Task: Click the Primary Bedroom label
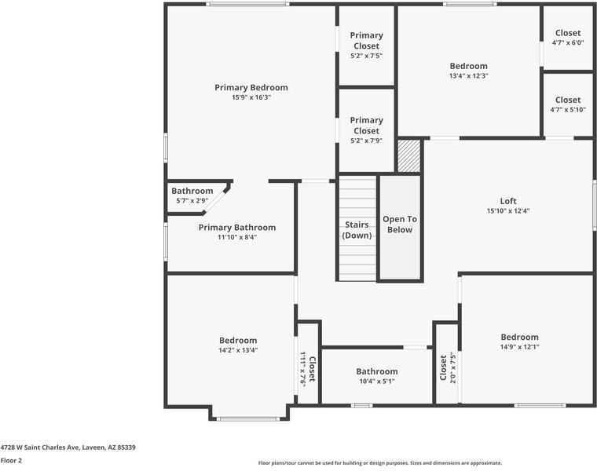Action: (251, 87)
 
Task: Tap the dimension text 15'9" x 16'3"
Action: (251, 98)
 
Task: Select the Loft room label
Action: (508, 200)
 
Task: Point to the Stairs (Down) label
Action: (357, 230)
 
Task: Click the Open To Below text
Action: (397, 224)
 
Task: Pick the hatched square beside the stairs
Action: (408, 155)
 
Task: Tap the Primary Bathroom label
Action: (237, 227)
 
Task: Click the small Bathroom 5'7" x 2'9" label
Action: (192, 191)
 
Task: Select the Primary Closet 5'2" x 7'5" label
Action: (366, 41)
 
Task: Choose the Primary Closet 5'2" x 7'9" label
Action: (366, 126)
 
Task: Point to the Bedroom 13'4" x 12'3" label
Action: (468, 66)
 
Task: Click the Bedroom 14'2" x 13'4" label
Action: (238, 340)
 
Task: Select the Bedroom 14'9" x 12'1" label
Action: (520, 337)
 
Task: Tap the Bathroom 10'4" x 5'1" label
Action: (377, 371)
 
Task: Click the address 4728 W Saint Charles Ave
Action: (68, 447)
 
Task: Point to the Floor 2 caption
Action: (10, 461)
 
